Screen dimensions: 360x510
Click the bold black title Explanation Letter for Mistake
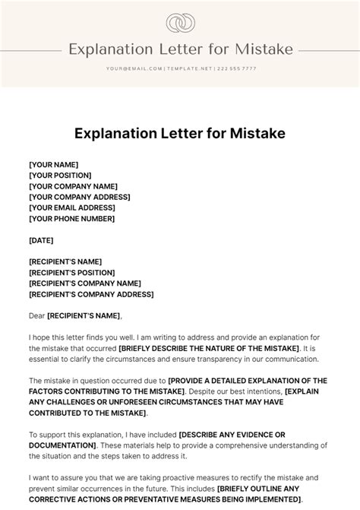coord(179,134)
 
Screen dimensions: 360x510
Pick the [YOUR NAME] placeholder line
coord(53,165)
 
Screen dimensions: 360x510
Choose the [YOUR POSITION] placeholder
coord(61,176)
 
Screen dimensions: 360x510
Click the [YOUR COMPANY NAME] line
coord(73,186)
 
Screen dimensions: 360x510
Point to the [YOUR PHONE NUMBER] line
coord(71,218)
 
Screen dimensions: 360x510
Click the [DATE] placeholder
coord(41,240)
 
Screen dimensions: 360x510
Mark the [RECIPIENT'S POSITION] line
coord(71,272)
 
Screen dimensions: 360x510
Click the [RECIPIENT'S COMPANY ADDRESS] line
coord(90,293)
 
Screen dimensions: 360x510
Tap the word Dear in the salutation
coord(36,315)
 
